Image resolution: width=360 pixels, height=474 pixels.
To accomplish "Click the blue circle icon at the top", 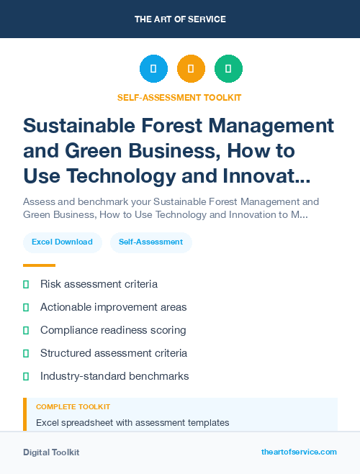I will [x=153, y=69].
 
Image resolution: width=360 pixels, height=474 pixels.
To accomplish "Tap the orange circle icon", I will [x=191, y=69].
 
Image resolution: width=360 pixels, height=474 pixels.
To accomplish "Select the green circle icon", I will [x=228, y=69].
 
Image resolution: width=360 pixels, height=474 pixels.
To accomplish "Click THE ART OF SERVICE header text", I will [x=180, y=19].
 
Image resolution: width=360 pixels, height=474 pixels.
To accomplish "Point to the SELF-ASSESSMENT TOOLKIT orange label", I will [x=179, y=97].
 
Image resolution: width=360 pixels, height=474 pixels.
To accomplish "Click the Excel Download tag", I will [x=62, y=242].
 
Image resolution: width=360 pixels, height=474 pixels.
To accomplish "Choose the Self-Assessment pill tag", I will [x=150, y=242].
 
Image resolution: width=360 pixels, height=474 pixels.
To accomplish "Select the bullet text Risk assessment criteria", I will [x=99, y=284].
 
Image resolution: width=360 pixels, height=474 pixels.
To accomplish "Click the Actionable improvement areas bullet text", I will [x=113, y=307].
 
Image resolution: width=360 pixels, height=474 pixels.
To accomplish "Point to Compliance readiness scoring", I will [x=113, y=330].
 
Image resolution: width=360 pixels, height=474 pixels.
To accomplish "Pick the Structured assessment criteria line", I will [x=114, y=353].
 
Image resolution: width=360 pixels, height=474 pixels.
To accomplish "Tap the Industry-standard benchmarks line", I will [x=114, y=376].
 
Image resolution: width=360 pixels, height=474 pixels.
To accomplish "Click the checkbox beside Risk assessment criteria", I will [x=26, y=285].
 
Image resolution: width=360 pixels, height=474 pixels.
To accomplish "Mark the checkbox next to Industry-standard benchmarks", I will [x=26, y=376].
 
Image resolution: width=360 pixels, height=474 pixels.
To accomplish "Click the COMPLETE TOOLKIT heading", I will [x=73, y=407].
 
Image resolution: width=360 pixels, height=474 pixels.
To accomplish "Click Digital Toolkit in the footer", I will [x=51, y=452].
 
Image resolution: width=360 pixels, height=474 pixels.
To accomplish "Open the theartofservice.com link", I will [x=299, y=452].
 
